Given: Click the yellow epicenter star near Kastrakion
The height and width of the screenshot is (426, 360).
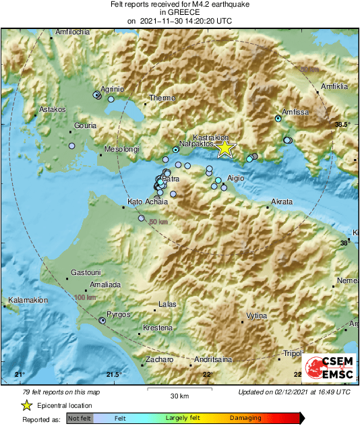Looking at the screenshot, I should point(225,148).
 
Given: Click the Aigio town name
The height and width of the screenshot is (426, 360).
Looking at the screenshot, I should point(235,178).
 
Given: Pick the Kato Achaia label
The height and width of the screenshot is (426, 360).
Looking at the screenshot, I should point(144,202).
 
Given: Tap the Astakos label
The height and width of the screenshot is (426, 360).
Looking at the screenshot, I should point(53,109).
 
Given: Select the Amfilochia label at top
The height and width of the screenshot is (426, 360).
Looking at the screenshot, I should point(72,32).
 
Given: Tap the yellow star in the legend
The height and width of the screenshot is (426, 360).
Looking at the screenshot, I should point(26,405).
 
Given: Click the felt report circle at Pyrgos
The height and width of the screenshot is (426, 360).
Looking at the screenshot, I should point(102,321).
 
